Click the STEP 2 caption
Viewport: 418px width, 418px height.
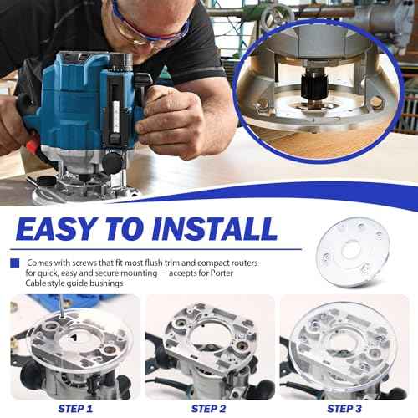pyautogui.click(x=210, y=408)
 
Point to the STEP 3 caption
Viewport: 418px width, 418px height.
pyautogui.click(x=344, y=408)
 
